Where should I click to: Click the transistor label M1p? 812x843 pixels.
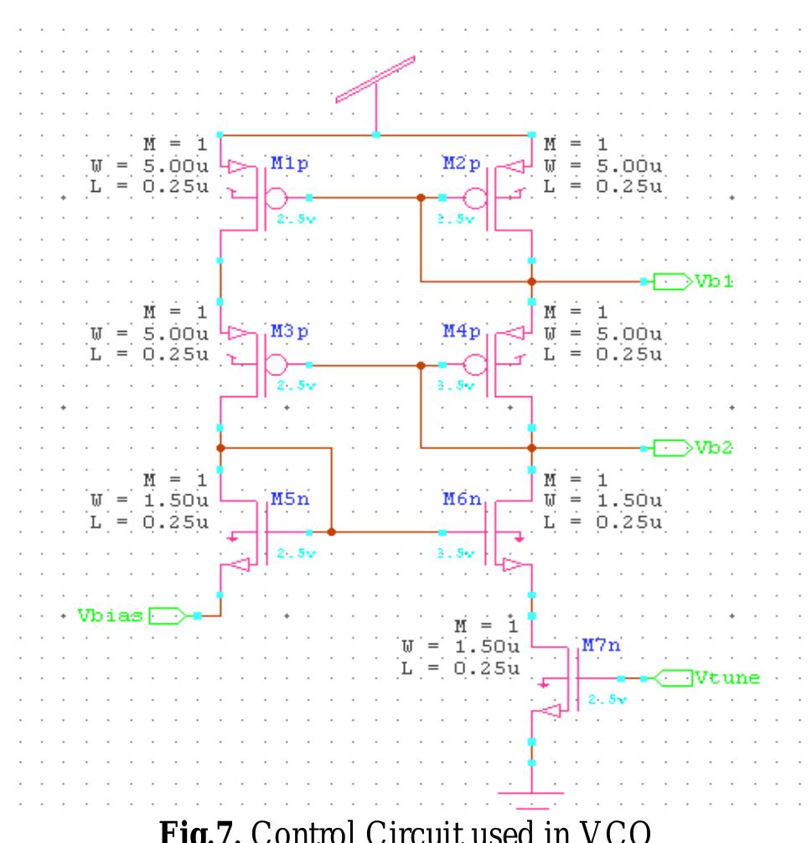289,163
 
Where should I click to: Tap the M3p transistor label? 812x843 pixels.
289,333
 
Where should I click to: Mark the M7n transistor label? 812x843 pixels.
599,647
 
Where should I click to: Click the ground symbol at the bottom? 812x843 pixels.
531,791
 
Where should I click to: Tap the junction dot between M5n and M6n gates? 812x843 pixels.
332,532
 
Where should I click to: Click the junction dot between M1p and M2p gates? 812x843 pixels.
420,198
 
